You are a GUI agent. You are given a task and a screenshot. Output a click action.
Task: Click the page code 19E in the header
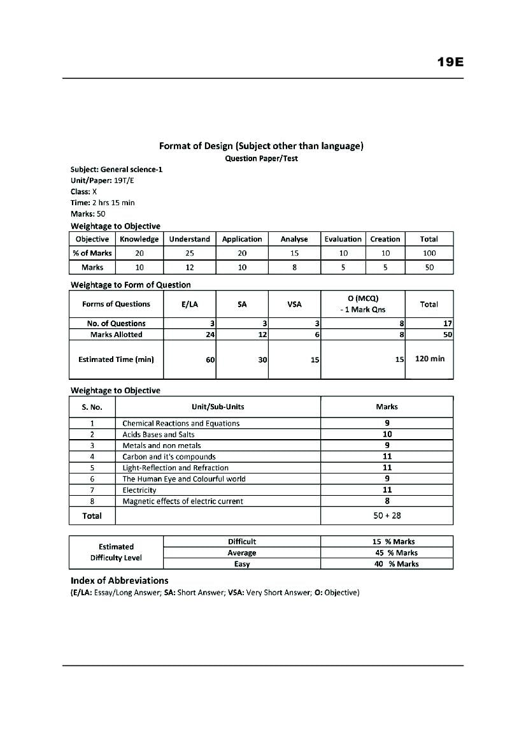tap(450, 62)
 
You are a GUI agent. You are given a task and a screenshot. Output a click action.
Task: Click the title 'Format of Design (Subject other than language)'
tap(261, 146)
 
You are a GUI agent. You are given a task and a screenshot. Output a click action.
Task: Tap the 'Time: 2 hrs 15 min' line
tap(103, 203)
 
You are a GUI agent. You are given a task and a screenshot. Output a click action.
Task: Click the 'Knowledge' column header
tap(139, 239)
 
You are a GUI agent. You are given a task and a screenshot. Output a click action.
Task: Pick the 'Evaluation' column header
tap(343, 239)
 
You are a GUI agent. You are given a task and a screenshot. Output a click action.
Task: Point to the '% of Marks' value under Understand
tap(190, 253)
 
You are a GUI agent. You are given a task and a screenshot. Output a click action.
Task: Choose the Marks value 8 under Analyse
tap(294, 268)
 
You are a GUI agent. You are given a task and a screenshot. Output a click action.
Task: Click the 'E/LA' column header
tap(190, 305)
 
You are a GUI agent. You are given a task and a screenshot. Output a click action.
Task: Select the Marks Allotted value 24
tap(210, 335)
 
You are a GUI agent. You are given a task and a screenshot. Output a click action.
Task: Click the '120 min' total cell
tap(430, 359)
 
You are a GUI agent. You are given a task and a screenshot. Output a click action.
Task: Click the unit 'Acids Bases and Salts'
tap(159, 435)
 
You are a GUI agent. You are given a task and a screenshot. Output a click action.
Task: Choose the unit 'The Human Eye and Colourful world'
tap(184, 479)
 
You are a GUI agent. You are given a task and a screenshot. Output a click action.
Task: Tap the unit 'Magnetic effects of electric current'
tap(183, 502)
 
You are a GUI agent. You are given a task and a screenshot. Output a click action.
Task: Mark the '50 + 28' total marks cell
tap(387, 516)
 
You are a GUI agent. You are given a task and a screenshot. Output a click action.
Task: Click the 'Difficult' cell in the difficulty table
tap(242, 542)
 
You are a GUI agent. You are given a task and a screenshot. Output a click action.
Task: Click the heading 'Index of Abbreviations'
tap(120, 581)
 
